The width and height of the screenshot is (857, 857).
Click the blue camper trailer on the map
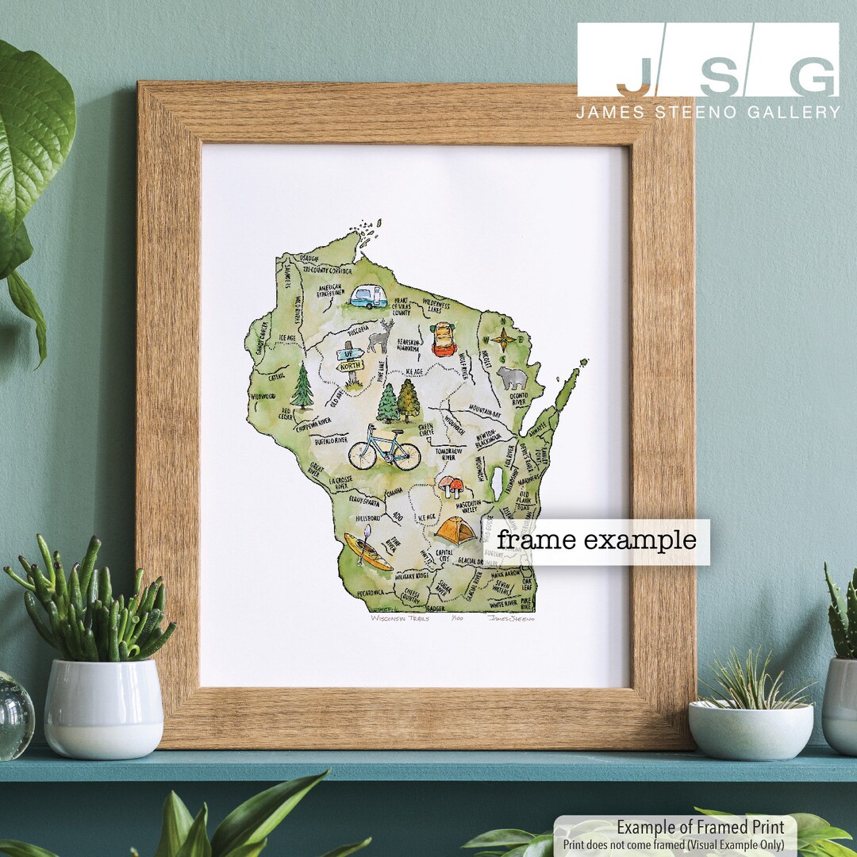click(368, 297)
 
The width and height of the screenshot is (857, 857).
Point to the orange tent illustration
click(455, 530)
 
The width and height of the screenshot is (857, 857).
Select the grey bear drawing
click(512, 378)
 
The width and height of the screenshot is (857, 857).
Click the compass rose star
click(503, 340)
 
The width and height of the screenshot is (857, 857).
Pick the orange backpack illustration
click(444, 340)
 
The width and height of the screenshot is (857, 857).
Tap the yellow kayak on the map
click(367, 551)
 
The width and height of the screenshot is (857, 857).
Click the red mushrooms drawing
click(451, 486)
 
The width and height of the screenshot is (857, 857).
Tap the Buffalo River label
click(331, 440)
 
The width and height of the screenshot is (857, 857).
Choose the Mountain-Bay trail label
click(485, 411)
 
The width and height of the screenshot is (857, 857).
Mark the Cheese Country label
click(413, 594)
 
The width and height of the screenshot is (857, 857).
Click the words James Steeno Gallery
click(708, 112)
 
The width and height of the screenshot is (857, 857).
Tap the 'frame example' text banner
click(597, 541)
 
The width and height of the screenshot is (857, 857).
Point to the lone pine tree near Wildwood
click(302, 386)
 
